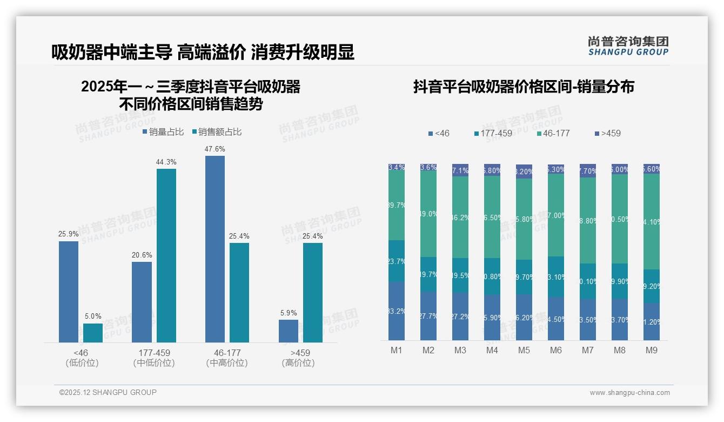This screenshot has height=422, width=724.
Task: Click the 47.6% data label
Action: click(x=215, y=149)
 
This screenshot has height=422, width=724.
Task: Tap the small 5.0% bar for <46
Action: click(x=93, y=333)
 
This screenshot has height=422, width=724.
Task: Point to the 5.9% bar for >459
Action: click(x=289, y=331)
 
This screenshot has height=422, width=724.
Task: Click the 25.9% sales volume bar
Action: click(x=69, y=292)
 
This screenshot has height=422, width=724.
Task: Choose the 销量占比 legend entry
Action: click(x=163, y=131)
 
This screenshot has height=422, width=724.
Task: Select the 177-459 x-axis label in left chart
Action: click(x=154, y=353)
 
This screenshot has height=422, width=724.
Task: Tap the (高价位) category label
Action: click(x=298, y=363)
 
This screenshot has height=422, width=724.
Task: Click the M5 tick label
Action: click(x=524, y=351)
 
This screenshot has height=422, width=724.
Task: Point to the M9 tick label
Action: click(x=652, y=351)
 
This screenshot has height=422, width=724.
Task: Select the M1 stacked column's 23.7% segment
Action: click(x=397, y=261)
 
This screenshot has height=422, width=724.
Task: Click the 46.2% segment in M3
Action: click(x=460, y=217)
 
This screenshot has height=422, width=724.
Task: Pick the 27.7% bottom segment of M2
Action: click(x=428, y=316)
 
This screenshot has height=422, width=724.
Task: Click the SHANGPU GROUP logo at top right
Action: click(x=628, y=46)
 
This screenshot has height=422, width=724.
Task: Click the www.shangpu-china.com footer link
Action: click(x=629, y=393)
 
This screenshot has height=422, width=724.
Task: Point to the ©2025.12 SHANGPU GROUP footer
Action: click(x=108, y=392)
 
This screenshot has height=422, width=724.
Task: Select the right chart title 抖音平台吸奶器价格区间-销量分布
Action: click(x=524, y=87)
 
